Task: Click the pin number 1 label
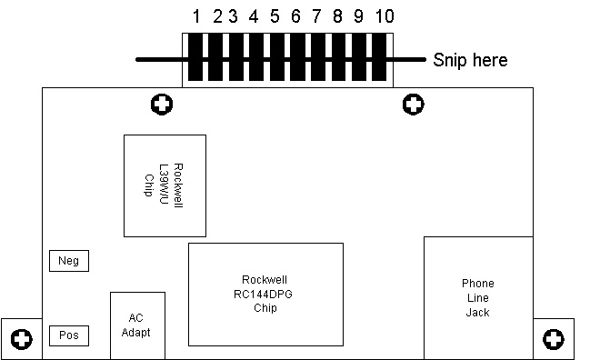tap(196, 16)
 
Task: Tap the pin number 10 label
tap(385, 16)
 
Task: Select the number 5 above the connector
tap(275, 16)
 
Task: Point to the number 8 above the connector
tap(337, 16)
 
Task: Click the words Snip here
tap(470, 60)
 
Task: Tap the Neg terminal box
tap(69, 261)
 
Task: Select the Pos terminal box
tap(69, 335)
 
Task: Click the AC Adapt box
tap(137, 325)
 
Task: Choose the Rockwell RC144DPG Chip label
tap(264, 294)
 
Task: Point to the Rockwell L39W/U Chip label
tap(164, 185)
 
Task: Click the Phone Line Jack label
tap(478, 297)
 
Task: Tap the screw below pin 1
tap(162, 105)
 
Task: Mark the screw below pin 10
tap(413, 105)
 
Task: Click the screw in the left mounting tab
tap(22, 339)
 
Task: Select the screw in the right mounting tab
tap(554, 339)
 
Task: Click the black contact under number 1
tap(195, 57)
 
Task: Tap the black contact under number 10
tap(379, 57)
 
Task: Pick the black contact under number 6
tap(297, 57)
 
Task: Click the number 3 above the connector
tap(234, 16)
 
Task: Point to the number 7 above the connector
tap(316, 16)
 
